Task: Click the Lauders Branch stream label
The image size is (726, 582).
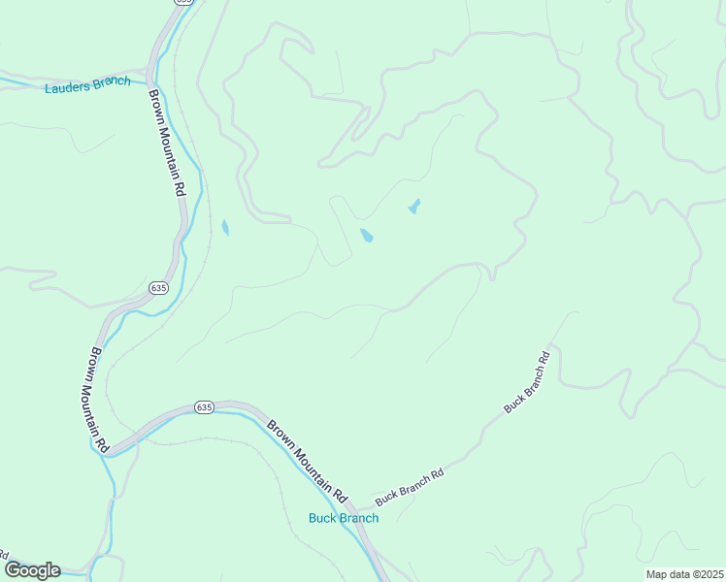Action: pos(87,84)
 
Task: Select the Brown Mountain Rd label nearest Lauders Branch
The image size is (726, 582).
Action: pos(166,144)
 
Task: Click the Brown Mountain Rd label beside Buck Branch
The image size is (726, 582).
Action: pos(308,460)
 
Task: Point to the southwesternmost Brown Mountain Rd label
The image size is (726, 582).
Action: pos(98,399)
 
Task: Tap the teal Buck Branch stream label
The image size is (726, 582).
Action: pos(344,518)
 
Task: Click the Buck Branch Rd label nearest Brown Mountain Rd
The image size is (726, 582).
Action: pos(410,485)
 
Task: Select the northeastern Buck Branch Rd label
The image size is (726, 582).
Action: pos(527,383)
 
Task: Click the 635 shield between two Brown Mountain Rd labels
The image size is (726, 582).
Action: pos(159,288)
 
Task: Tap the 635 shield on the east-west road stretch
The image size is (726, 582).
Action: pos(202,406)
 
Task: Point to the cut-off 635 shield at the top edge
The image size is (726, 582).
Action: pos(183,3)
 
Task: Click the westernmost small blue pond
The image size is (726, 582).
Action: pos(225,228)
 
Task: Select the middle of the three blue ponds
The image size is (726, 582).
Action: pos(367,236)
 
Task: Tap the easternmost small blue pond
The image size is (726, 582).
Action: pos(414,207)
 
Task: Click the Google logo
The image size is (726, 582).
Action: pos(31,570)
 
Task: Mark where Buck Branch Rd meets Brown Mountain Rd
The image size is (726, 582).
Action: pos(352,508)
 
